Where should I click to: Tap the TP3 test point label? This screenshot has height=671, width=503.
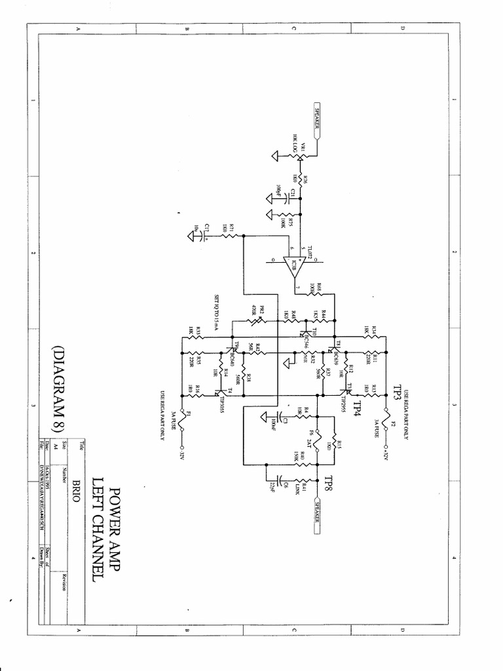[x=398, y=392]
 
